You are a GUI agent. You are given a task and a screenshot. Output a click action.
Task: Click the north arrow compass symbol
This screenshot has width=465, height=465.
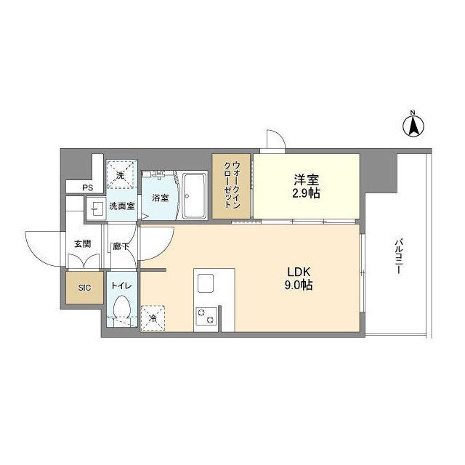coord(413,126)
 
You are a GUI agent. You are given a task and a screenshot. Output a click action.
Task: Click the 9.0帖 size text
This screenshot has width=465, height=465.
coord(299,286)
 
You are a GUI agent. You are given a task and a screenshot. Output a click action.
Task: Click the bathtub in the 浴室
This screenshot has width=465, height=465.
coord(195,195)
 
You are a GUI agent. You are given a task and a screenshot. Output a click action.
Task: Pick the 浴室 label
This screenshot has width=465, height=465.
coord(160,197)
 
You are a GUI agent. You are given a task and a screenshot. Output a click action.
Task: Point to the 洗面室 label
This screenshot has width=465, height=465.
coord(121,206)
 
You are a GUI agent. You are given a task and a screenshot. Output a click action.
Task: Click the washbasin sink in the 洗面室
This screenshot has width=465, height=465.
coord(94,209)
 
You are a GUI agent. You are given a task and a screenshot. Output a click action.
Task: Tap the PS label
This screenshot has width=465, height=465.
coord(87,188)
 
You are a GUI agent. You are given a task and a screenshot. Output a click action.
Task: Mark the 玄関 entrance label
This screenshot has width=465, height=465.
coord(81,245)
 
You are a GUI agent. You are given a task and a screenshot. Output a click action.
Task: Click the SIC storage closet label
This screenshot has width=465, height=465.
coord(84,288)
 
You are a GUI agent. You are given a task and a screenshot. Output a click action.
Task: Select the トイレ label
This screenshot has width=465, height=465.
coord(121,286)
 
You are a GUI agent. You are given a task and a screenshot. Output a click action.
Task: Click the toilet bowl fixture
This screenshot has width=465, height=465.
coord(121,310)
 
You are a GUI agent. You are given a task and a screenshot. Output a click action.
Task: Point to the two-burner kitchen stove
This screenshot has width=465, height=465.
coord(206,316)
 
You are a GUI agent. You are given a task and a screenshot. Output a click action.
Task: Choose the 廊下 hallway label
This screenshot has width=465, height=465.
coord(121,246)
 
